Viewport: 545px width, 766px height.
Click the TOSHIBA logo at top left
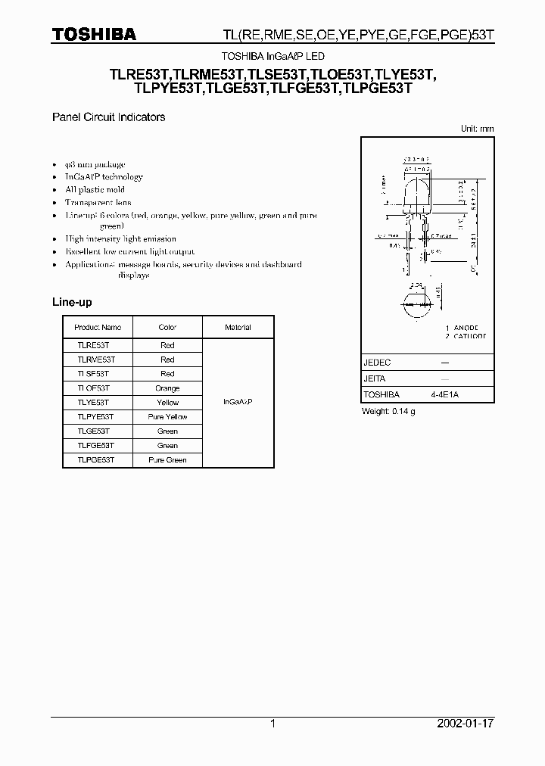[94, 34]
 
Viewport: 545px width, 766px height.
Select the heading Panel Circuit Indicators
[108, 117]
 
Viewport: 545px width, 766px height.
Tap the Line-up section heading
[72, 302]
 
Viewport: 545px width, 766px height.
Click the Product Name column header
[98, 328]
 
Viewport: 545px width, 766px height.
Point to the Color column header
[167, 328]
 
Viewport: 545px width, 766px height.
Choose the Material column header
[238, 328]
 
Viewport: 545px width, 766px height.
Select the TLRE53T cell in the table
[92, 345]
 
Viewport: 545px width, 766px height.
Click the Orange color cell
[167, 388]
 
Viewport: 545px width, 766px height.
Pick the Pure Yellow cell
[167, 417]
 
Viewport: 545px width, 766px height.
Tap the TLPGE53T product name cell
[95, 460]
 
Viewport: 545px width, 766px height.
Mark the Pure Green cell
[167, 460]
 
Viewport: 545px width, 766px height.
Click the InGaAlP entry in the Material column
[238, 402]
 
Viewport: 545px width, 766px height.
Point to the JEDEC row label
[377, 363]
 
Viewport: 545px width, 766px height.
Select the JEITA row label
[375, 378]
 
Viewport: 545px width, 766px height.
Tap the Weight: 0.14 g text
[389, 411]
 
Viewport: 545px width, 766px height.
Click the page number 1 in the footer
[272, 724]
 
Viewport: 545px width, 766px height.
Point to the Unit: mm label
[477, 129]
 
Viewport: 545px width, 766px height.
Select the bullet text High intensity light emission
[120, 238]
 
